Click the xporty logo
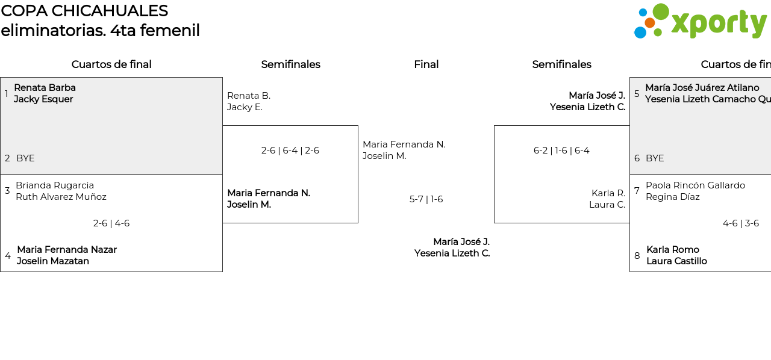pyautogui.click(x=700, y=22)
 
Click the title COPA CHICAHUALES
pyautogui.click(x=84, y=11)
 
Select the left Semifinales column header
pyautogui.click(x=290, y=64)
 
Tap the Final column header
pyautogui.click(x=426, y=64)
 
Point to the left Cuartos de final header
pyautogui.click(x=111, y=64)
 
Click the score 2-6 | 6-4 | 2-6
pyautogui.click(x=290, y=151)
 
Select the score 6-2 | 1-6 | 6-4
pyautogui.click(x=561, y=151)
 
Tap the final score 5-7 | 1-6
pyautogui.click(x=426, y=199)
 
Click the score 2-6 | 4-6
pyautogui.click(x=111, y=223)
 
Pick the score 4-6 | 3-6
pyautogui.click(x=741, y=223)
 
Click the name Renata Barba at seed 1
pyautogui.click(x=45, y=88)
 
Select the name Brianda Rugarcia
pyautogui.click(x=55, y=185)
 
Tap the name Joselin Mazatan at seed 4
pyautogui.click(x=53, y=261)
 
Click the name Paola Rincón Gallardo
pyautogui.click(x=695, y=185)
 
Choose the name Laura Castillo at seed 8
pyautogui.click(x=676, y=261)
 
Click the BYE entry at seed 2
pyautogui.click(x=25, y=158)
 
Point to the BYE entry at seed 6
pyautogui.click(x=655, y=158)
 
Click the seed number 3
pyautogui.click(x=7, y=191)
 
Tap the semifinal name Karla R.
pyautogui.click(x=608, y=193)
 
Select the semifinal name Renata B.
pyautogui.click(x=249, y=96)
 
